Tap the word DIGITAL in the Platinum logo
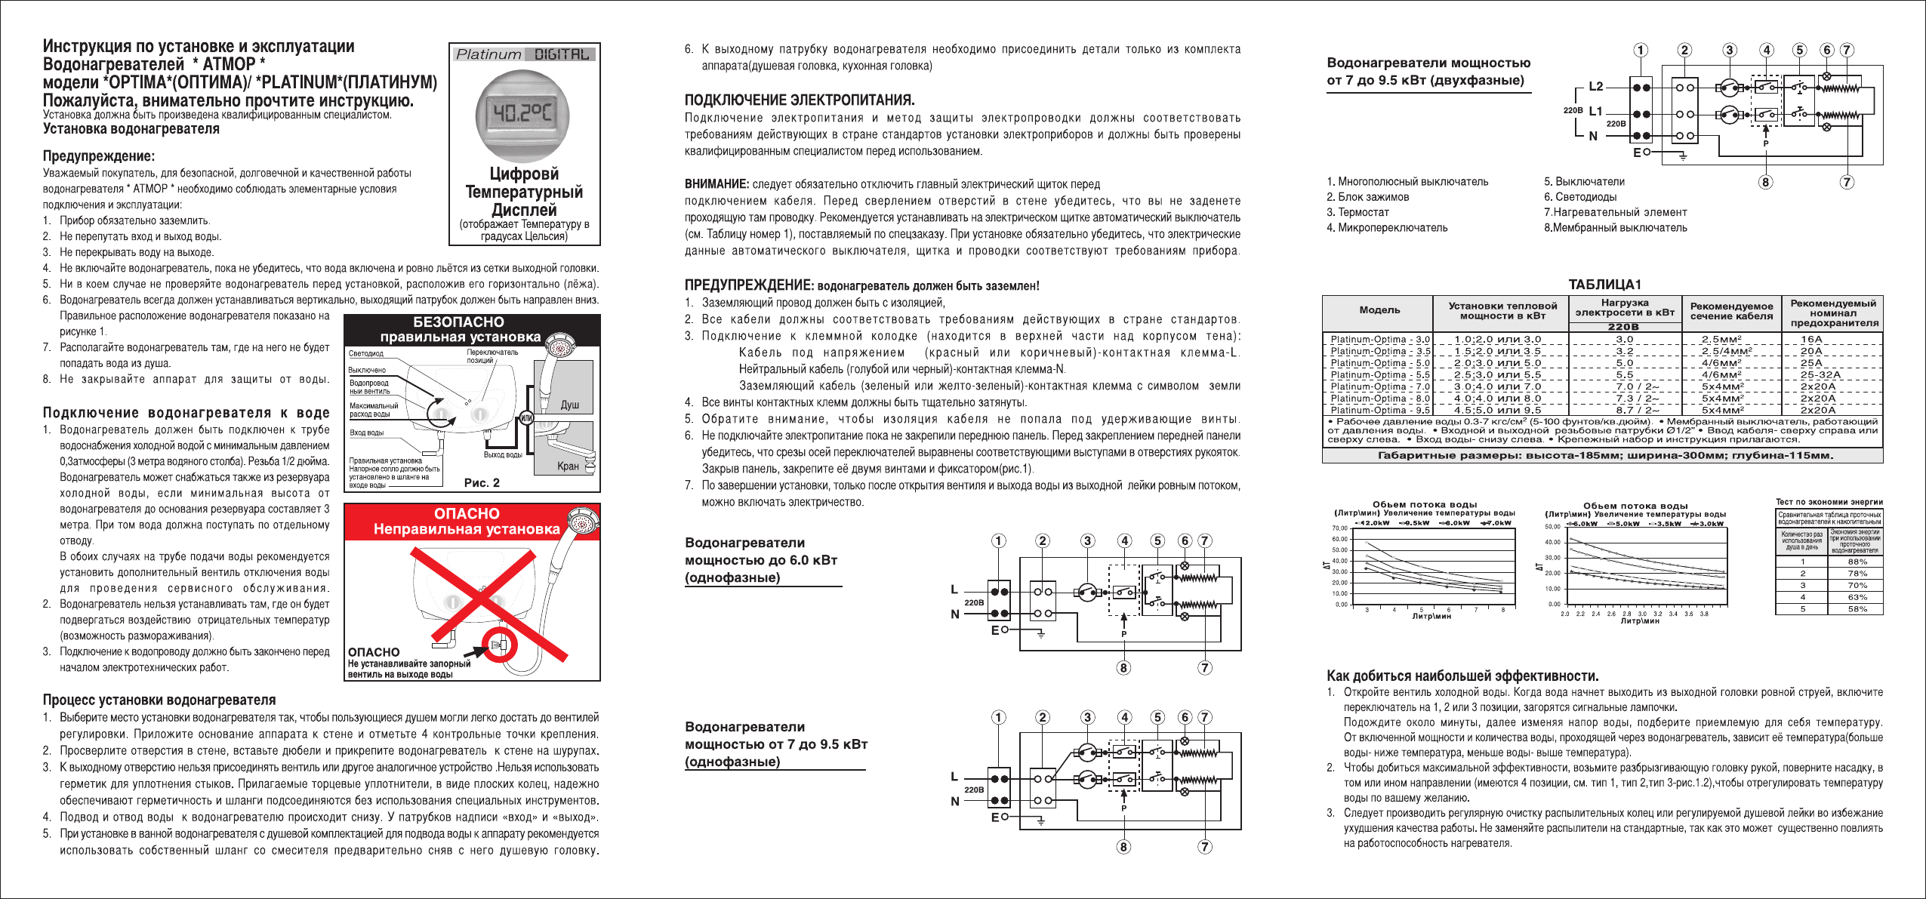[562, 54]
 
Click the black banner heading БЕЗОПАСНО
[459, 322]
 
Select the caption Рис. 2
[482, 482]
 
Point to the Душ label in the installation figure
[569, 405]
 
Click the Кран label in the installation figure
[568, 466]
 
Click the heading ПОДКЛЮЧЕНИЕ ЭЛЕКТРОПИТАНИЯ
[800, 100]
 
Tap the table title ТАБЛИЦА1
[1604, 285]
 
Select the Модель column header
[1379, 309]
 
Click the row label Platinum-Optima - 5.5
[1380, 374]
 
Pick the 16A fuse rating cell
[1811, 339]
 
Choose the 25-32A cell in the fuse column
[1821, 374]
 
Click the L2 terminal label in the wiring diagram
[1595, 86]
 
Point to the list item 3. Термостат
[1363, 212]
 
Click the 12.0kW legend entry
[1373, 522]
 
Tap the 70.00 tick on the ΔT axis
[1340, 528]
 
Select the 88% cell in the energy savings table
[1857, 562]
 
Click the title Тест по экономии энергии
[1829, 501]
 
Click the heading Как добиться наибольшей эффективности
[1462, 676]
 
